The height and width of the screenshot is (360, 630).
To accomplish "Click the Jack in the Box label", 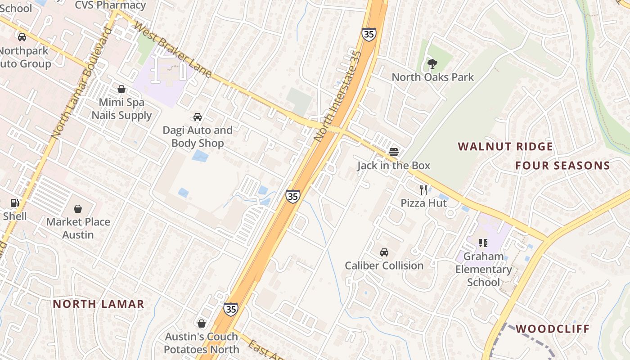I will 394,166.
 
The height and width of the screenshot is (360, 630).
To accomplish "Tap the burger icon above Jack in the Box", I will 394,152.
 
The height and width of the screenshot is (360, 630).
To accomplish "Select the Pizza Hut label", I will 423,203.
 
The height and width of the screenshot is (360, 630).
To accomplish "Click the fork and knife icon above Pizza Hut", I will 423,189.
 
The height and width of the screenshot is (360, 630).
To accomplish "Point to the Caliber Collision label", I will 384,265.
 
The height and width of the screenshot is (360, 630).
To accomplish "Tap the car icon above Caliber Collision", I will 384,252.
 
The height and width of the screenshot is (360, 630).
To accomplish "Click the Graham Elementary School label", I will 484,269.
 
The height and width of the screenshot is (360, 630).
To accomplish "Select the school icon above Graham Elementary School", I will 484,243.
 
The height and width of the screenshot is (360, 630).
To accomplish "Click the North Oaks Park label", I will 432,77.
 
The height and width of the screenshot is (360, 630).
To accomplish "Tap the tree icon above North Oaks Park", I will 432,63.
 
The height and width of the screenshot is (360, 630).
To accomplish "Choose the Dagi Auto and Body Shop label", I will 198,137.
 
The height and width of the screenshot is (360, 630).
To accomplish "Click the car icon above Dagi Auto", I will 198,117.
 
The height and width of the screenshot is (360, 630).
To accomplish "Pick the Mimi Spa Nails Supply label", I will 121,109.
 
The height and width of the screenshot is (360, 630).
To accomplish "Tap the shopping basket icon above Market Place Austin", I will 78,209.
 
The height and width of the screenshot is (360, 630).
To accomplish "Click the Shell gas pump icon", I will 15,203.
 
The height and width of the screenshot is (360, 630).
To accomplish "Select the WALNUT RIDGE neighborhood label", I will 505,147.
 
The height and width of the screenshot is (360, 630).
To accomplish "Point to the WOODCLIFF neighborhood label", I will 552,328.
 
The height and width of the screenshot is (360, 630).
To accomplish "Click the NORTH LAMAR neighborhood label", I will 99,304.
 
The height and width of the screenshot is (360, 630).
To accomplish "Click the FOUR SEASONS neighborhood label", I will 562,166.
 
